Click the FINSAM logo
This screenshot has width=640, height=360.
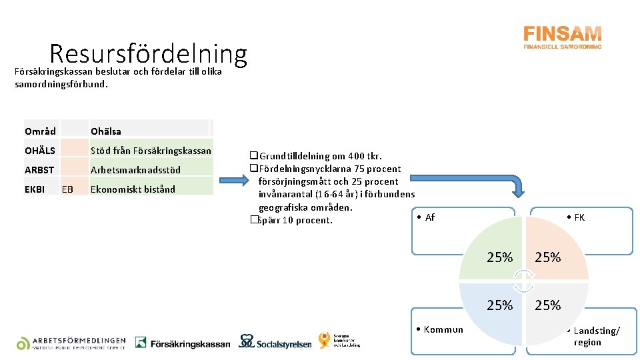[562, 37]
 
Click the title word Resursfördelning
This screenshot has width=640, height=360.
[148, 54]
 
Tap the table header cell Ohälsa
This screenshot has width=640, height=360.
[106, 131]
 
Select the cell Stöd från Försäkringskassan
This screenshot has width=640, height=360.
[151, 151]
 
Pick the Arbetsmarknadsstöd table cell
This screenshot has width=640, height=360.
[135, 170]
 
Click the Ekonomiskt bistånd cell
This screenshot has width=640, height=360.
[133, 189]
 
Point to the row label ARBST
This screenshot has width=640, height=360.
[39, 170]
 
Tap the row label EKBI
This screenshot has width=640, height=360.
[35, 189]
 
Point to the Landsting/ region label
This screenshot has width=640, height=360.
[596, 337]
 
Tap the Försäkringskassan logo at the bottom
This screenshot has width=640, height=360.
[183, 343]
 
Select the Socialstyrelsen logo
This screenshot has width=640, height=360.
[275, 342]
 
